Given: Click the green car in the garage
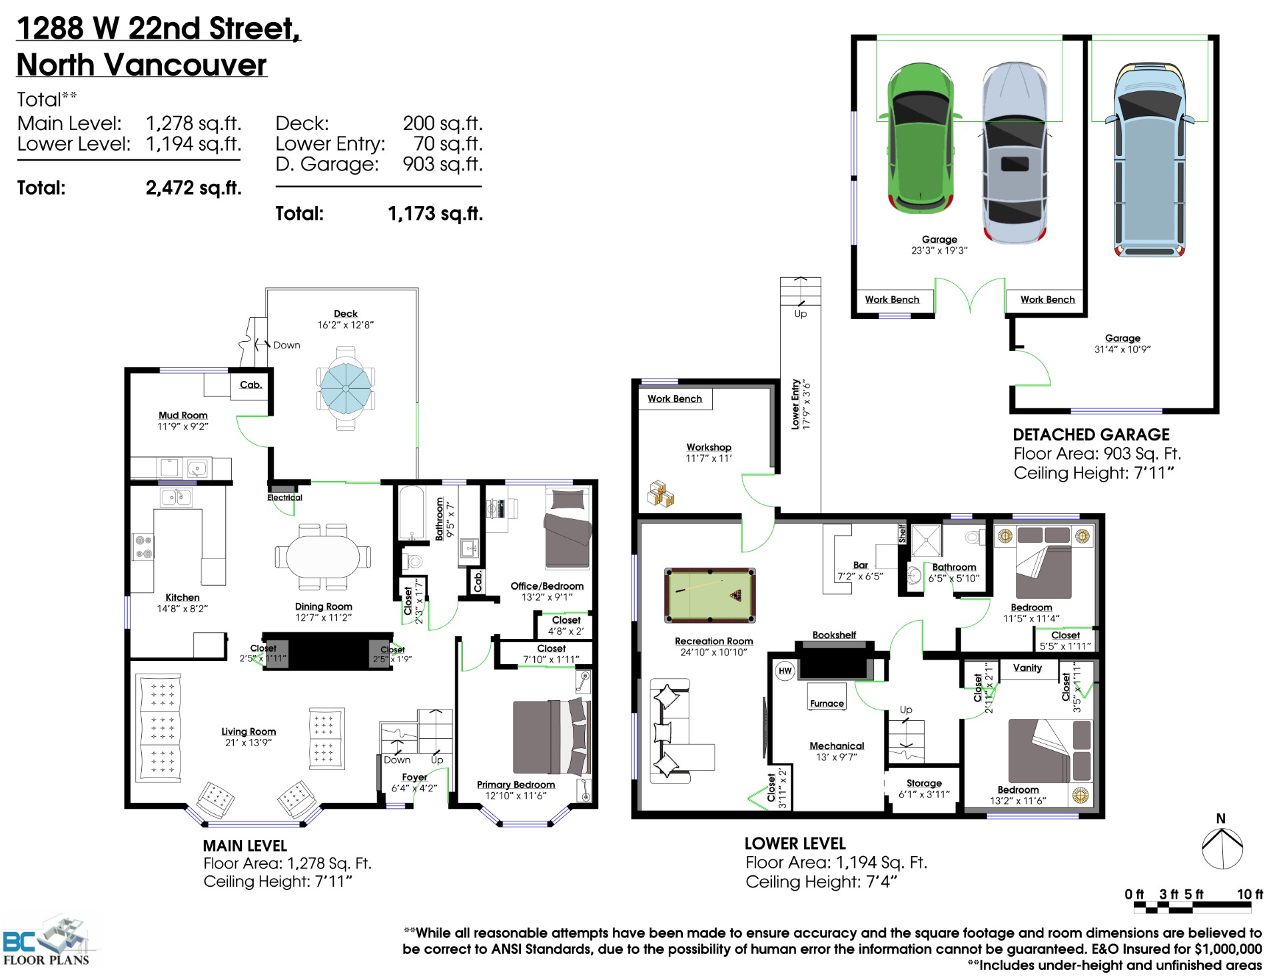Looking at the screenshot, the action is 919,139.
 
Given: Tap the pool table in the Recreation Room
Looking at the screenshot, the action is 710,595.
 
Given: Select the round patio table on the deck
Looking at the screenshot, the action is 346,388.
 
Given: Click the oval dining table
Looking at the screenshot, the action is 323,556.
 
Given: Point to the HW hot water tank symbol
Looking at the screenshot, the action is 785,671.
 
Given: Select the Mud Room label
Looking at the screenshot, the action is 183,415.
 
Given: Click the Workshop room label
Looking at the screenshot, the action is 709,447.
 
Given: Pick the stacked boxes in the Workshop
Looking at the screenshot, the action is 661,494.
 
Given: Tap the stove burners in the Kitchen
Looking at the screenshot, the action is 144,547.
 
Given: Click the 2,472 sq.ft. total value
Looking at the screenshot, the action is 193,188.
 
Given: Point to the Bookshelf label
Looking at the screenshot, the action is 834,635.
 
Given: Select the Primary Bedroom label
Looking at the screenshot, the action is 516,785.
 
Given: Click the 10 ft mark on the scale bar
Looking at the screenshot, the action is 1250,895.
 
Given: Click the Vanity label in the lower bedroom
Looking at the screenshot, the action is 1027,668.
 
